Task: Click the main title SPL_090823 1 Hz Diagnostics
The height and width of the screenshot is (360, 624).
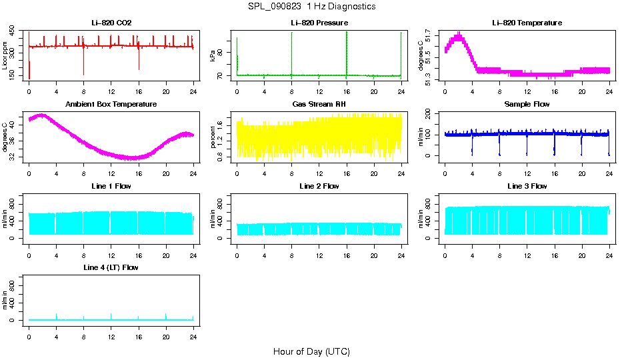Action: click(x=311, y=7)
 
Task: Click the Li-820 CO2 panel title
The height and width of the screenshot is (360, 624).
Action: click(x=111, y=23)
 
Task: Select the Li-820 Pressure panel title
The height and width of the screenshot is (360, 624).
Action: click(x=319, y=23)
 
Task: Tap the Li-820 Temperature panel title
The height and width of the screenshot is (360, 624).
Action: click(x=527, y=23)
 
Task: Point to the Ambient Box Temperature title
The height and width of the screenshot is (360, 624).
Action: click(x=111, y=105)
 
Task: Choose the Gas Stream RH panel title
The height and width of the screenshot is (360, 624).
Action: click(x=319, y=105)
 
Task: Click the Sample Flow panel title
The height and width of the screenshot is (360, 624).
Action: click(x=527, y=105)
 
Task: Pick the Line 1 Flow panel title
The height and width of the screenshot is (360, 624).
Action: click(x=111, y=186)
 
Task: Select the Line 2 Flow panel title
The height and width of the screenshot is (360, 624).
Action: click(x=319, y=186)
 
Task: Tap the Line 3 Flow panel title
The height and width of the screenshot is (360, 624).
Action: click(x=527, y=186)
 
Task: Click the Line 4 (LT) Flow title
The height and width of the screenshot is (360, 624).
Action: click(x=111, y=267)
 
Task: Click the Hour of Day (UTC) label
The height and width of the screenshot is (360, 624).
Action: click(x=311, y=351)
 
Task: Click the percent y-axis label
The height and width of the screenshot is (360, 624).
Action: click(x=213, y=137)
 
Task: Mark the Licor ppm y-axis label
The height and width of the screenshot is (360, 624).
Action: click(x=5, y=56)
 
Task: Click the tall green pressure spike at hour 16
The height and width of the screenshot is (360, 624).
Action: click(x=347, y=47)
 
